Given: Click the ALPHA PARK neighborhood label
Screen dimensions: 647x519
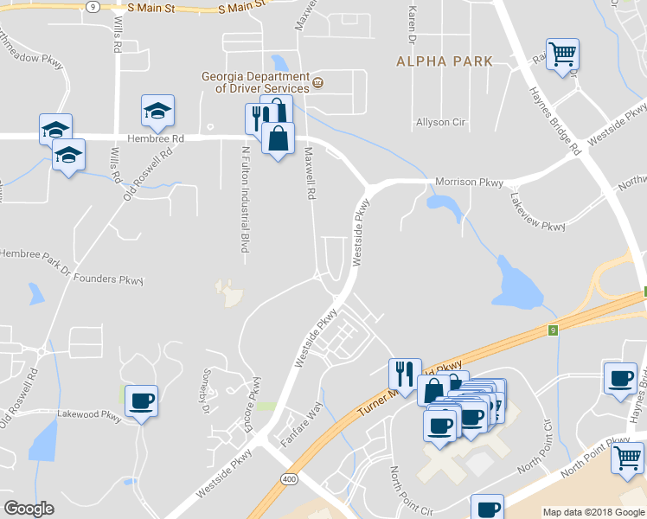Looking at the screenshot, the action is (445, 61).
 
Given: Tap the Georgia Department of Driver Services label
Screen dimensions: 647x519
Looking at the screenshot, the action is (255, 82).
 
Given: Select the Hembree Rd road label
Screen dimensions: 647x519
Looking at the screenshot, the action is (156, 138).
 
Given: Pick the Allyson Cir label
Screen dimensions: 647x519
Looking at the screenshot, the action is (440, 123).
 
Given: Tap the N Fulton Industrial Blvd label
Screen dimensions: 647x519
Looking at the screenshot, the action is (245, 200).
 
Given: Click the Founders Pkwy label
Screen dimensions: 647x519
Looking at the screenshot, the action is (107, 279).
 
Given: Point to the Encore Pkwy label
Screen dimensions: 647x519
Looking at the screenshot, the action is (255, 400).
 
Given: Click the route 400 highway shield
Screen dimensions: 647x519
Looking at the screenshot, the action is (289, 478).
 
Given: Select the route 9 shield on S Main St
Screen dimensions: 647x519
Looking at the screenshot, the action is (93, 5).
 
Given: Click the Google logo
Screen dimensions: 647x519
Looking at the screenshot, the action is (29, 509).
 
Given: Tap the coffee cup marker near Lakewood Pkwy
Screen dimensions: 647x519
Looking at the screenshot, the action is (141, 401).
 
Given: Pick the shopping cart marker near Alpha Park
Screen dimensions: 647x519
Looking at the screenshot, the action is (562, 54).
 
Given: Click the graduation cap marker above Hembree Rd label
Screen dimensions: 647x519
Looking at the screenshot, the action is (158, 110).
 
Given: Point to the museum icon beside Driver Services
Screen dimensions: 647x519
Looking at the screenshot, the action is (318, 83).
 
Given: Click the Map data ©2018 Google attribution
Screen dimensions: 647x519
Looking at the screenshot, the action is (593, 512).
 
